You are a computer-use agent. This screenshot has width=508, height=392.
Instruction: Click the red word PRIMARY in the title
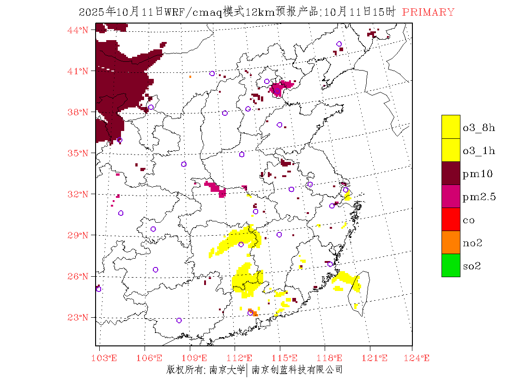428,12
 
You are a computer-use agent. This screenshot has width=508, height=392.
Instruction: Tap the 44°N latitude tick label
79,30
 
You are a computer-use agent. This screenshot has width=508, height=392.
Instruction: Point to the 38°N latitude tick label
79,112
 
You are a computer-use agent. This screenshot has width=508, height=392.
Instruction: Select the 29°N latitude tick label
79,235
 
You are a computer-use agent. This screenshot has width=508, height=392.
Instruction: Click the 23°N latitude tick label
79,317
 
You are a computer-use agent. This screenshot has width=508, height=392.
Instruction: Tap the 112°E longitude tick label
242,358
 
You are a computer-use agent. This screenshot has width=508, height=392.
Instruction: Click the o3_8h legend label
479,128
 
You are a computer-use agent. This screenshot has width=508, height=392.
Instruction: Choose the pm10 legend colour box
451,173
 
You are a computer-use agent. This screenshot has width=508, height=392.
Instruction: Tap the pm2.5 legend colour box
451,196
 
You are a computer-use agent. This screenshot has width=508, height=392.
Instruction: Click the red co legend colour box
451,220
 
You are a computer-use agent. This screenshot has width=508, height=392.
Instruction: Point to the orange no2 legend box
451,243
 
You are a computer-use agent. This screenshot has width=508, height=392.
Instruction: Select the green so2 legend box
451,266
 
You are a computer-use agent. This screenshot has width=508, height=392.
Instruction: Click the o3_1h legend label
479,151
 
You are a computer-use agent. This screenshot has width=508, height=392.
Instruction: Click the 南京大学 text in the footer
227,369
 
